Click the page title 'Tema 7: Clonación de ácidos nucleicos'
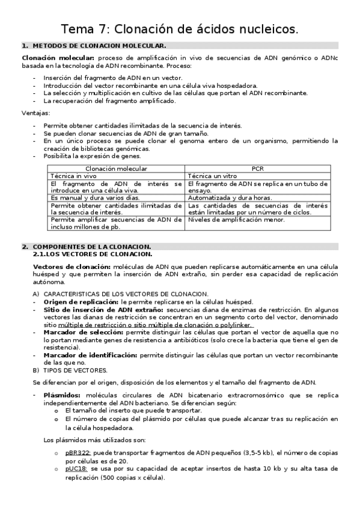pos(180,29)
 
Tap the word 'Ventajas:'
pos(36,113)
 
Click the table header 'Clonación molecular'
pos(117,169)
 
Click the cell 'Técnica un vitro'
pos(214,176)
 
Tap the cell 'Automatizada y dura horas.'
pos(230,197)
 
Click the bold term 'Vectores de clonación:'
pos(72,266)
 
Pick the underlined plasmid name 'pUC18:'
pos(77,468)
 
